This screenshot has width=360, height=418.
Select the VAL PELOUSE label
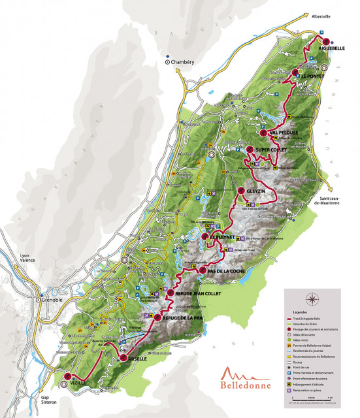[284, 133]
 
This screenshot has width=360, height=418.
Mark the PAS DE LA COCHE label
[225, 270]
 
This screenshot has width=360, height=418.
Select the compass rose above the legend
[312, 300]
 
